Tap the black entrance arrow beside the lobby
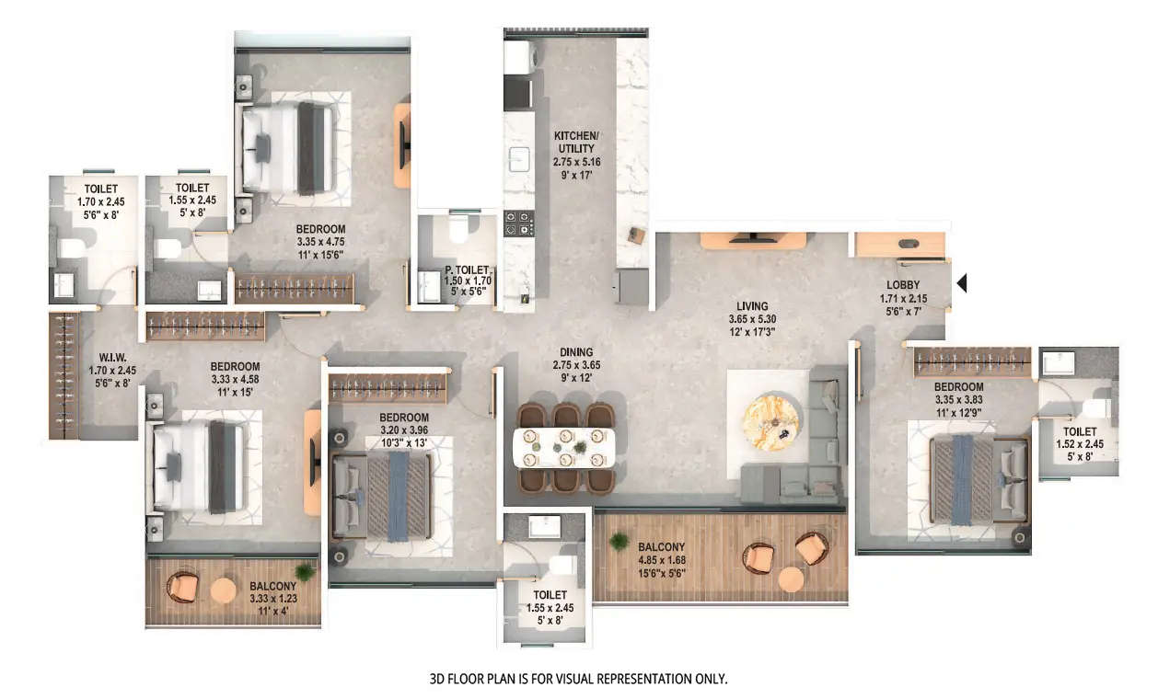tap(962, 283)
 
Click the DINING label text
tap(575, 352)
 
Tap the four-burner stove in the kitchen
tap(518, 224)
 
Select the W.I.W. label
tap(111, 359)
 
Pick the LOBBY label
tap(903, 285)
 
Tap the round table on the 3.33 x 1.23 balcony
tap(224, 591)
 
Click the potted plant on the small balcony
tap(305, 572)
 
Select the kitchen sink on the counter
tap(519, 159)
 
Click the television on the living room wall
tap(754, 238)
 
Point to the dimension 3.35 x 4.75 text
tap(320, 242)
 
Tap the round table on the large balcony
tap(791, 579)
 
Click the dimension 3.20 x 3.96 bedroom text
tap(405, 430)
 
